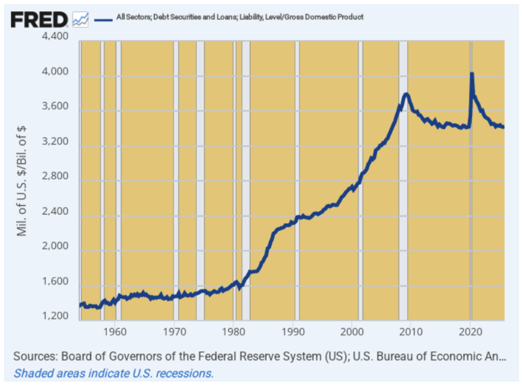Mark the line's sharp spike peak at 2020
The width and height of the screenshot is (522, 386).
[472, 74]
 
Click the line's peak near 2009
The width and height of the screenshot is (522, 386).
[406, 94]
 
